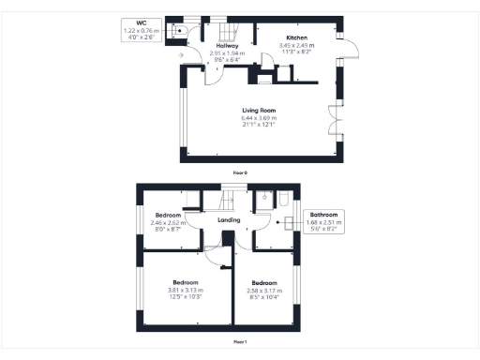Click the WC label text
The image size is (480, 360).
click(141, 23)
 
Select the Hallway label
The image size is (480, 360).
click(228, 45)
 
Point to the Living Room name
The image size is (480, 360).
click(259, 111)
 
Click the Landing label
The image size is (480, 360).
click(229, 221)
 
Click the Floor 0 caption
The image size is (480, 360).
click(240, 172)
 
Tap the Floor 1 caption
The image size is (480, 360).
click(240, 342)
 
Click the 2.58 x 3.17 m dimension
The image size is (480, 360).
click(263, 290)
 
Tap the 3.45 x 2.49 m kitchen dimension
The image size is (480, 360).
click(296, 45)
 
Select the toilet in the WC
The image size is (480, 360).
click(178, 29)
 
